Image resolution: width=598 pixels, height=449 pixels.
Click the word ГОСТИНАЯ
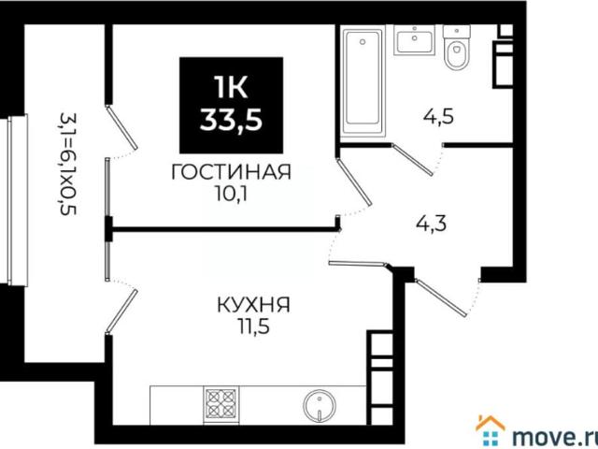(x=230, y=172)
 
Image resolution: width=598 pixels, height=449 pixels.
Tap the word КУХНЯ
(x=252, y=305)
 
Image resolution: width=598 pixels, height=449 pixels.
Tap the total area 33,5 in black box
(x=230, y=120)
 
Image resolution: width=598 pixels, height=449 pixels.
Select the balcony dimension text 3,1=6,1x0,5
(x=66, y=164)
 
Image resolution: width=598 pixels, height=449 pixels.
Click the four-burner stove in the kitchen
(x=221, y=405)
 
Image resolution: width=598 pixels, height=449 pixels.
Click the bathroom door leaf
(x=414, y=158)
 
